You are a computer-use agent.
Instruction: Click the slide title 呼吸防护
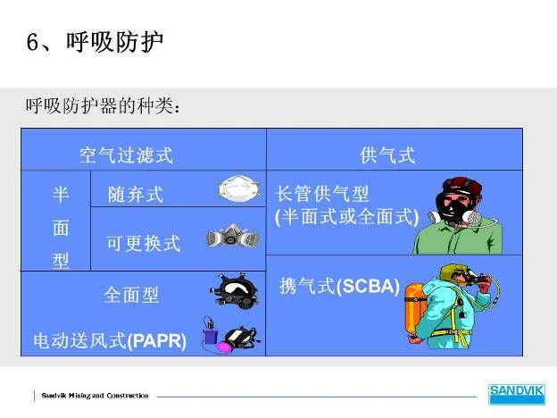pyautogui.click(x=114, y=42)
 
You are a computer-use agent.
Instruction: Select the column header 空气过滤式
pyautogui.click(x=126, y=155)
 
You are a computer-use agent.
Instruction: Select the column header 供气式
pyautogui.click(x=387, y=155)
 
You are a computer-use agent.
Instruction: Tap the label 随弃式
pyautogui.click(x=136, y=195)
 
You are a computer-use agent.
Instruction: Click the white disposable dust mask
pyautogui.click(x=239, y=188)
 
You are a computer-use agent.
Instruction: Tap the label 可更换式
pyautogui.click(x=144, y=244)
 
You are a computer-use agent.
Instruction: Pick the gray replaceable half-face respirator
pyautogui.click(x=233, y=236)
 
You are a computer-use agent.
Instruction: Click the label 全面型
pyautogui.click(x=131, y=295)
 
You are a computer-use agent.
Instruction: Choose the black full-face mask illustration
pyautogui.click(x=235, y=290)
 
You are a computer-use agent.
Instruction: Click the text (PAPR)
pyautogui.click(x=157, y=340)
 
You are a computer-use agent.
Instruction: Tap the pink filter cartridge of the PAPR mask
pyautogui.click(x=225, y=347)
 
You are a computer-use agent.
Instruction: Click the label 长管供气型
pyautogui.click(x=322, y=194)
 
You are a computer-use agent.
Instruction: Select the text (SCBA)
pyautogui.click(x=368, y=287)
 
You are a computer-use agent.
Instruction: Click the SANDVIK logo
pyautogui.click(x=517, y=394)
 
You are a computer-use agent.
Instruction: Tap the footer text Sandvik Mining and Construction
pyautogui.click(x=95, y=396)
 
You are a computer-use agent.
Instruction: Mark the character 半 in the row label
pyautogui.click(x=61, y=195)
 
